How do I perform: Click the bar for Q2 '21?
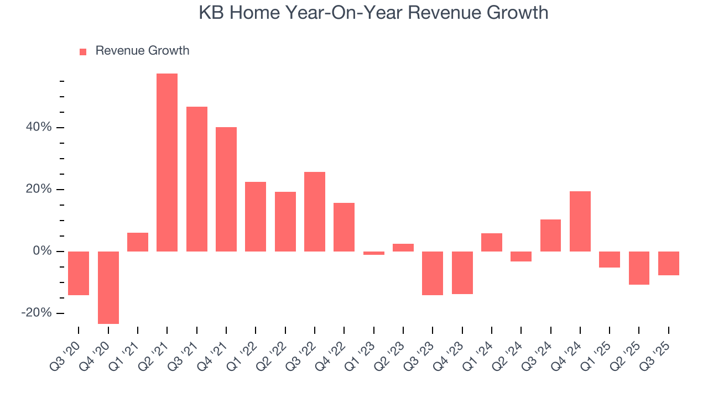click(x=167, y=163)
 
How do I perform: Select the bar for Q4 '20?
click(x=108, y=287)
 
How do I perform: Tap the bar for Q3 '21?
click(x=197, y=179)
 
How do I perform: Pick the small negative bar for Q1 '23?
click(x=374, y=253)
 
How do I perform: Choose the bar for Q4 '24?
click(x=580, y=221)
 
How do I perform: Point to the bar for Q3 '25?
click(x=669, y=263)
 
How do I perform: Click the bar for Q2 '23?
click(x=403, y=248)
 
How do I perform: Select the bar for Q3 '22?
click(x=315, y=212)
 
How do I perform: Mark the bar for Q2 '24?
click(x=521, y=256)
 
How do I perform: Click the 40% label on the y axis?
click(x=38, y=128)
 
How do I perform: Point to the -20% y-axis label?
click(x=36, y=313)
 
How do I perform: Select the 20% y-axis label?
click(x=38, y=190)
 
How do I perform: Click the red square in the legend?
click(x=83, y=52)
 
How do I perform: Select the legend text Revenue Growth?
click(x=142, y=51)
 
